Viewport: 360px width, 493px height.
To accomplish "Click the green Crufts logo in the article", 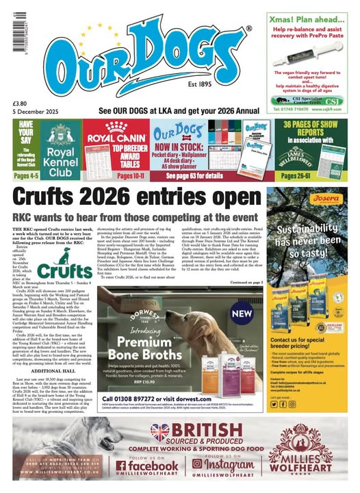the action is (x=73, y=270).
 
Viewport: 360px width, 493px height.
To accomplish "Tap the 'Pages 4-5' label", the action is (x=25, y=176).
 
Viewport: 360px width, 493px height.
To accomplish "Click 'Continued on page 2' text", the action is (x=243, y=281).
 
